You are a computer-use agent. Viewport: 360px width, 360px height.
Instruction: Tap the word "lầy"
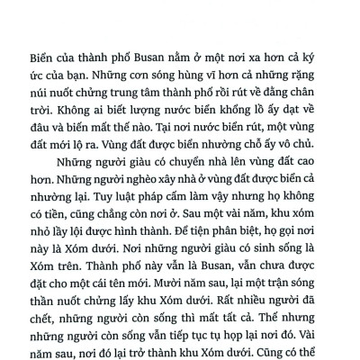(x=91, y=260)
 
